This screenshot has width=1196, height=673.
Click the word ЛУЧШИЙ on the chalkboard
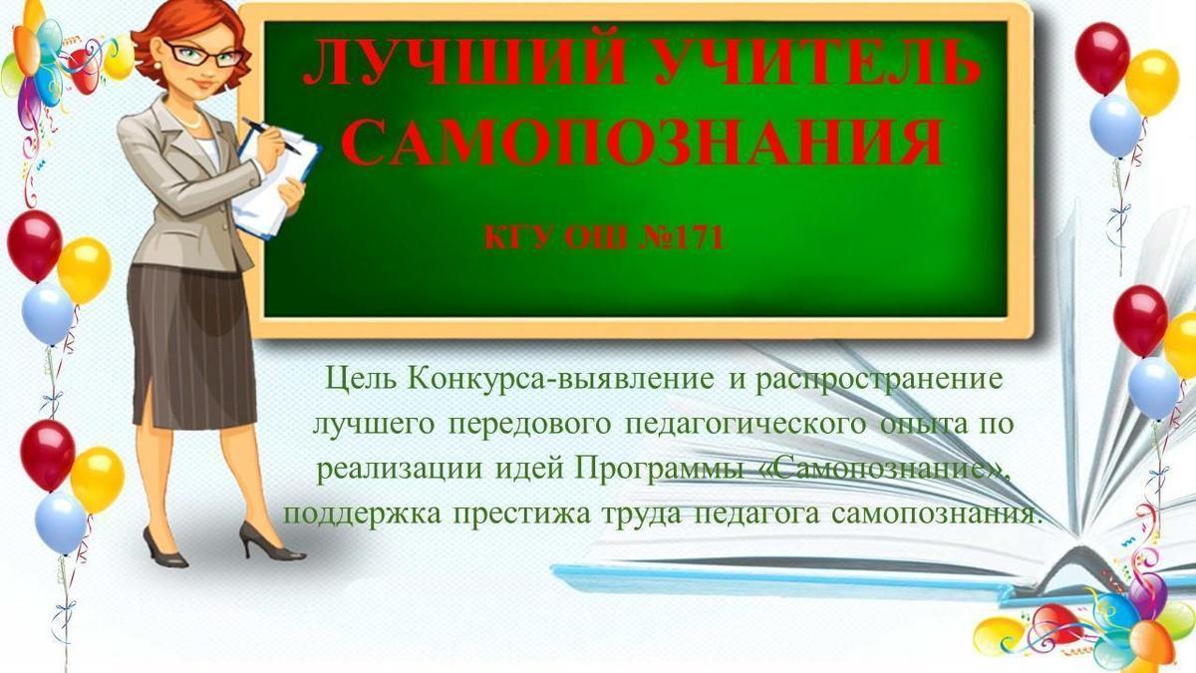[464, 62]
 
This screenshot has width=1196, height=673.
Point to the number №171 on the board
[682, 238]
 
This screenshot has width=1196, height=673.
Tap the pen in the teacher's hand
[271, 136]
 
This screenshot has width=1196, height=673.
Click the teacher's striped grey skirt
[192, 346]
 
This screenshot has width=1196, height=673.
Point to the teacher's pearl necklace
[188, 119]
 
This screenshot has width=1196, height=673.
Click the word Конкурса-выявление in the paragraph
[560, 379]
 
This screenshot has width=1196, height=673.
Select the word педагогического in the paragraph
[745, 425]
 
